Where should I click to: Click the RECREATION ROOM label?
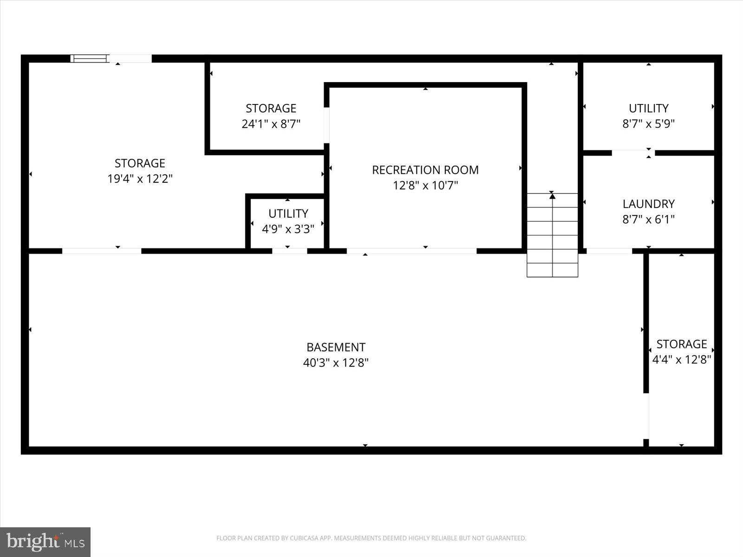click(425, 170)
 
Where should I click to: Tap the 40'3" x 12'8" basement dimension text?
click(336, 363)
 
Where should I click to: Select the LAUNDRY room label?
click(648, 204)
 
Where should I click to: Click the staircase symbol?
click(552, 235)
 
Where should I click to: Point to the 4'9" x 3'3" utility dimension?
click(288, 229)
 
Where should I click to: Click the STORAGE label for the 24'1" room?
click(271, 108)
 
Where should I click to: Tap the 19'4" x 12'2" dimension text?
click(140, 179)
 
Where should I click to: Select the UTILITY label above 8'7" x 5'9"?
click(648, 108)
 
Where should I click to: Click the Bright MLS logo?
click(45, 542)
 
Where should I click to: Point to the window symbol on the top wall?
click(89, 58)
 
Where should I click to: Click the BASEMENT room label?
click(336, 347)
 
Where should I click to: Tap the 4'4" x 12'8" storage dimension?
click(681, 359)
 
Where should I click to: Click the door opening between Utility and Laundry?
click(633, 153)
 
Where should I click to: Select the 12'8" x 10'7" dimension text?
click(425, 186)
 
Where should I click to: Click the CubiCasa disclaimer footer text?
click(371, 538)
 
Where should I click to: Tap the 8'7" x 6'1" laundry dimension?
click(648, 219)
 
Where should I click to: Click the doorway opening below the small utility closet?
click(289, 251)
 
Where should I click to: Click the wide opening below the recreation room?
click(411, 251)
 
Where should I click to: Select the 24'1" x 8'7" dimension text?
click(271, 124)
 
